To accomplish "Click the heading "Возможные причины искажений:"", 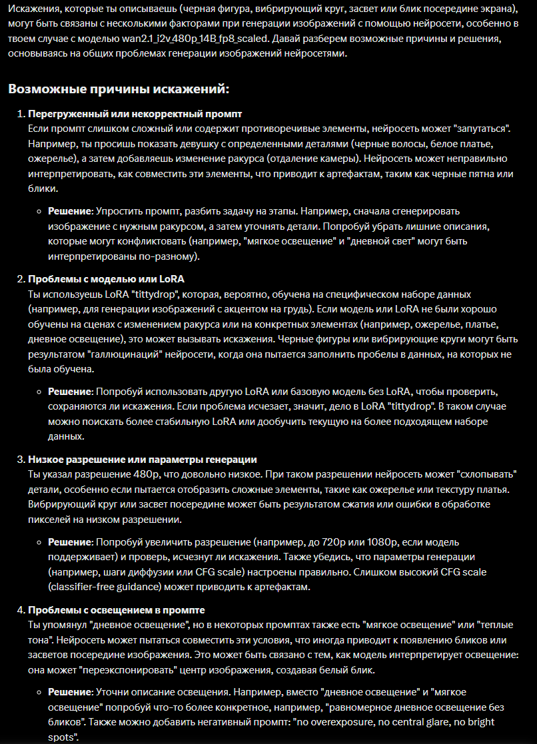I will [119, 89].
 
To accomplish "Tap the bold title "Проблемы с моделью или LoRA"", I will [106, 278].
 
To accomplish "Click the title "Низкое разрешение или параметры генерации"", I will [143, 459].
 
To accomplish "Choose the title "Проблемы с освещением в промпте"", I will [116, 609].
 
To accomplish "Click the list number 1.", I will [20, 113].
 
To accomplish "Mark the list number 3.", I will [20, 459].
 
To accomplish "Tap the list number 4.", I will [20, 609].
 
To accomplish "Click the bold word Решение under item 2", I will [69, 392].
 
